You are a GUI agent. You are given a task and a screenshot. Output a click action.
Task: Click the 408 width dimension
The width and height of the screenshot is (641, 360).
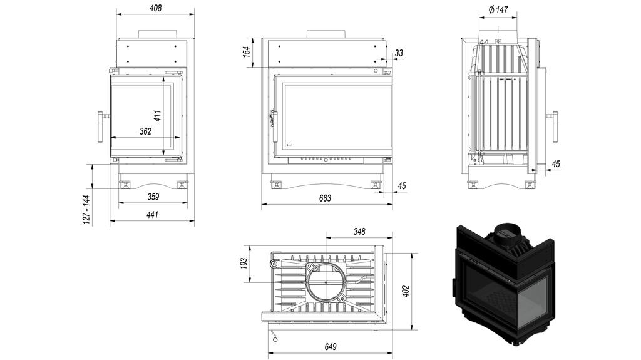155,8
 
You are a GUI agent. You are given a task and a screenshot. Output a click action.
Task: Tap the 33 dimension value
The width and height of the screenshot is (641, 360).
399,54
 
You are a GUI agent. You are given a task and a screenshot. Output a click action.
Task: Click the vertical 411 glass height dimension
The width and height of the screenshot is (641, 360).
158,116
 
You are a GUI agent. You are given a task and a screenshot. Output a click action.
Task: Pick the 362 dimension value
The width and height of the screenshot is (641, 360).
145,131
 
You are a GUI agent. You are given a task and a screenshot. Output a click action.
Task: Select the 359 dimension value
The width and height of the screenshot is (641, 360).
153,197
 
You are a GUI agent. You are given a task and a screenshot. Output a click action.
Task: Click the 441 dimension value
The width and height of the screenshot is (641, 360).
152,215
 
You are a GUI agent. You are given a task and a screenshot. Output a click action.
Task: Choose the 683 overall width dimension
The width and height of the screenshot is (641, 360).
325,198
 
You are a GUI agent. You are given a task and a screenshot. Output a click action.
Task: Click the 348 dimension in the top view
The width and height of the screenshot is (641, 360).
359,232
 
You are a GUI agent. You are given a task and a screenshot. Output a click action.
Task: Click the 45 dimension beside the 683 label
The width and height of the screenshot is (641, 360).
401,186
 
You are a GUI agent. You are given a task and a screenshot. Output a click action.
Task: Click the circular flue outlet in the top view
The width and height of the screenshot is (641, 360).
325,280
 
